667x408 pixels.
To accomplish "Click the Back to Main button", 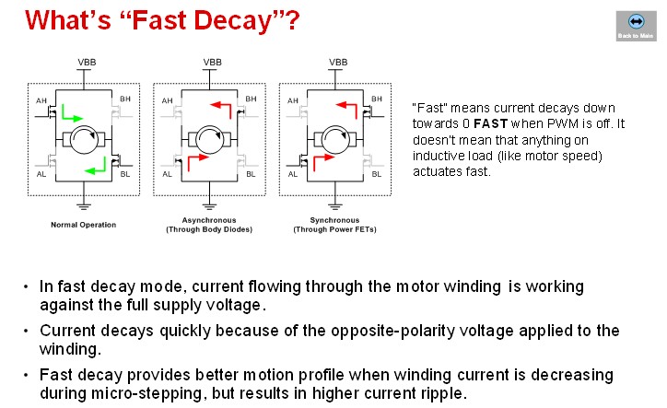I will pos(634,25).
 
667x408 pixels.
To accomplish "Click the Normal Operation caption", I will pos(84,225).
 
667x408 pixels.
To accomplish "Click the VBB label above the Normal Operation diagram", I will pos(85,62).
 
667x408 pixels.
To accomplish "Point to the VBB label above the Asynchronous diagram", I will pos(211,62).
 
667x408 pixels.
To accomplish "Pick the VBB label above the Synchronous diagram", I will pos(337,62).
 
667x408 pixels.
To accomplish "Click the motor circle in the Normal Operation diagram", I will pos(85,141).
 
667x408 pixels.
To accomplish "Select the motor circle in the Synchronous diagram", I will pos(337,141).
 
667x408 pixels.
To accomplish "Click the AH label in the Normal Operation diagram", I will pos(41,100).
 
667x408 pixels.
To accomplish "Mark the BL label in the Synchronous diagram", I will pos(378,173).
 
